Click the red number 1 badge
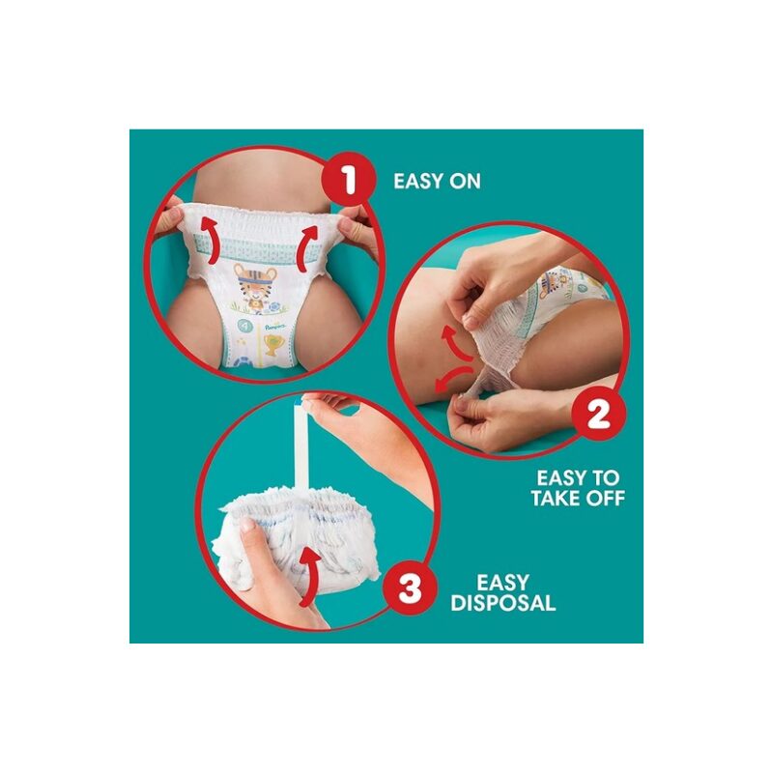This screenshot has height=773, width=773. pyautogui.click(x=349, y=181)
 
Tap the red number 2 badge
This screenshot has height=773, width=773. pyautogui.click(x=598, y=415)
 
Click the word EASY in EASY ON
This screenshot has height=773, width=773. pyautogui.click(x=418, y=182)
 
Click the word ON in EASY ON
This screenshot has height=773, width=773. pyautogui.click(x=465, y=182)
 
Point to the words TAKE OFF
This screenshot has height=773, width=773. pyautogui.click(x=578, y=498)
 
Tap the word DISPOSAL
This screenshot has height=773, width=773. pyautogui.click(x=502, y=603)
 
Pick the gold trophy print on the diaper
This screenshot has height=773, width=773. pyautogui.click(x=272, y=345)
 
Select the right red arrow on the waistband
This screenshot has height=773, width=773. pyautogui.click(x=307, y=246)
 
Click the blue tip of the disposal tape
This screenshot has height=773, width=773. pyautogui.click(x=300, y=404)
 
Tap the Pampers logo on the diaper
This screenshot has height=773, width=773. pyautogui.click(x=275, y=327)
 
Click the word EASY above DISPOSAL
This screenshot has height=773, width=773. pyautogui.click(x=502, y=583)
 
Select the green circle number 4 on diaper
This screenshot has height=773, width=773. pyautogui.click(x=244, y=326)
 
